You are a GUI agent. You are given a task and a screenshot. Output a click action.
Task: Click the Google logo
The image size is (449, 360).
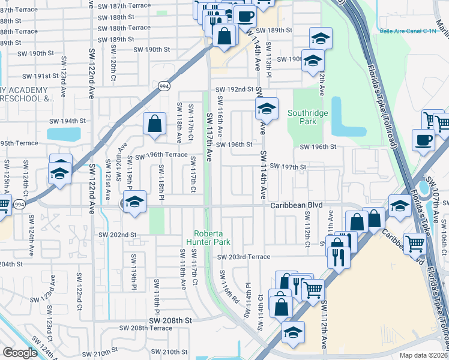[x=19, y=353]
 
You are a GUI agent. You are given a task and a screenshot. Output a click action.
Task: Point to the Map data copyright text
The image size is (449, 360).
[x=423, y=355]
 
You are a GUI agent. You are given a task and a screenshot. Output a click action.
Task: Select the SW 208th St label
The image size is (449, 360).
[x=170, y=321]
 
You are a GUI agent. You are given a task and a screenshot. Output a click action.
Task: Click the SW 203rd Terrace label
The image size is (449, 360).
[x=245, y=257]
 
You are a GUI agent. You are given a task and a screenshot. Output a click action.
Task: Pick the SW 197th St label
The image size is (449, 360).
[x=288, y=166]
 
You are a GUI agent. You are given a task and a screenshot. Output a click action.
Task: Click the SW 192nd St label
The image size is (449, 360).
[x=235, y=89]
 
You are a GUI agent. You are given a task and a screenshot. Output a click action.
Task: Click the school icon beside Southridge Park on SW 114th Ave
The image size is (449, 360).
[x=267, y=109]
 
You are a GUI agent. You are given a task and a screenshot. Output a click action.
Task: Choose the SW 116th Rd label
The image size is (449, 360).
[x=229, y=287]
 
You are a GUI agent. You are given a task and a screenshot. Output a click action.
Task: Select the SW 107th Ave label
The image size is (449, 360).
[x=435, y=191]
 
